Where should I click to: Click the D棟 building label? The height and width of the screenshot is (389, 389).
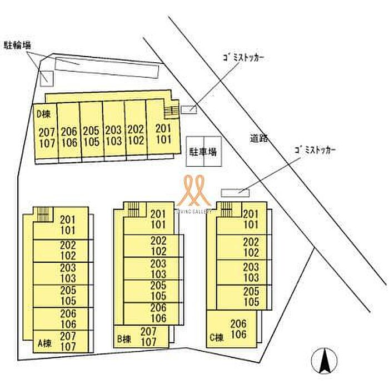(x=43, y=114)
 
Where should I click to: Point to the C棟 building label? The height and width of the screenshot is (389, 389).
(x=217, y=337)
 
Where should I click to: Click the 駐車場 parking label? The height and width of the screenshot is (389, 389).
(x=205, y=151)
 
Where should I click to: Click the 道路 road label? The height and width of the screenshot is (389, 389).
(x=259, y=139)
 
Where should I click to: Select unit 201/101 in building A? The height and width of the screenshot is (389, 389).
(x=67, y=223)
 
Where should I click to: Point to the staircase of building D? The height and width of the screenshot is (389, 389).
(x=172, y=111)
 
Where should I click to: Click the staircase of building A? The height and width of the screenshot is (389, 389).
(x=43, y=214)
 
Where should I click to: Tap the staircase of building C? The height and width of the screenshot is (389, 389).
(x=226, y=210)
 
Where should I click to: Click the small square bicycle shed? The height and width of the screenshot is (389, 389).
(x=46, y=78)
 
